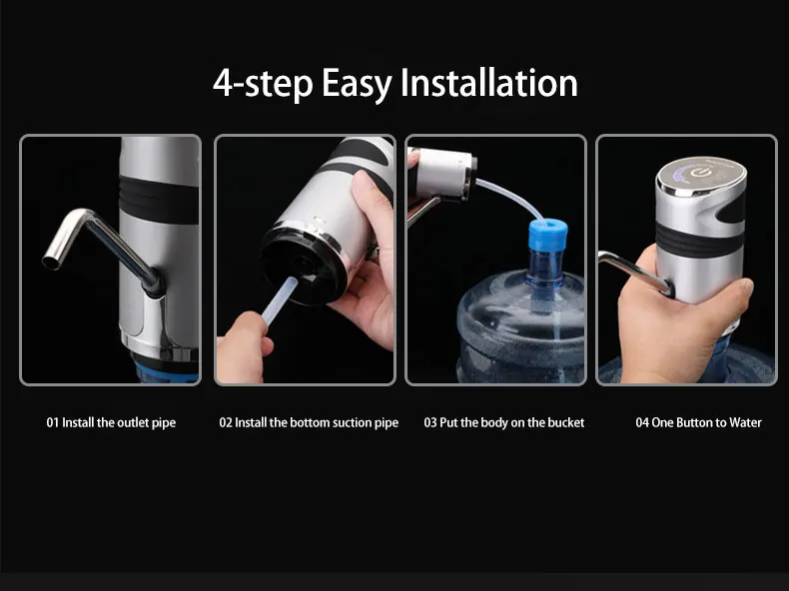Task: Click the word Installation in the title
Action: (488, 83)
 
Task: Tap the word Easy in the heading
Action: (357, 85)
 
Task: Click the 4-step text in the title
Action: (263, 83)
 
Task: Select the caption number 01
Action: (52, 422)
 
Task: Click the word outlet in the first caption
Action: (133, 422)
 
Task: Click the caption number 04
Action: (642, 422)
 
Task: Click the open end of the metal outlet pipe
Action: (51, 262)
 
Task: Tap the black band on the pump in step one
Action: (159, 200)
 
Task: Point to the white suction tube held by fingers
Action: (278, 301)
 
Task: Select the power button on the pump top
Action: (698, 174)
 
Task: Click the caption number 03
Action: (430, 422)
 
